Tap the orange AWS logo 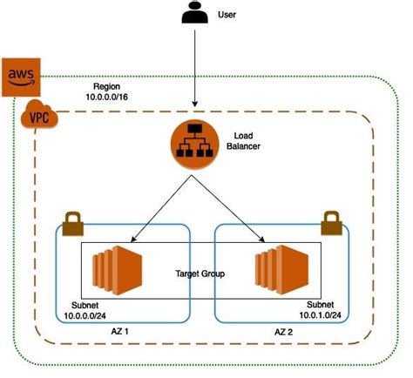(20, 76)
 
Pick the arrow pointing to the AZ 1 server (161, 210)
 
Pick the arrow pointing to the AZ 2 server (230, 210)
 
